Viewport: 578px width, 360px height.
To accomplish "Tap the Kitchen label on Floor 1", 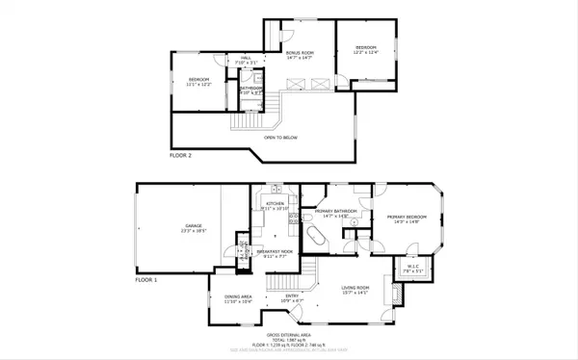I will point(273,207).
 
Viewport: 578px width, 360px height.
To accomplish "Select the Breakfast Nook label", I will point(275,253).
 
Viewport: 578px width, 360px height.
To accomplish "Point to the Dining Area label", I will point(238,299).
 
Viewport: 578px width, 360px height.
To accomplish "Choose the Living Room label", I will point(355,290).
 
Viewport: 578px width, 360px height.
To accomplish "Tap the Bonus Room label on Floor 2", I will point(301,55).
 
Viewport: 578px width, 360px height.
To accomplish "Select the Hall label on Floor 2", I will point(246,60).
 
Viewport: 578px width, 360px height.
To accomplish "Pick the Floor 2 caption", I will point(181,154).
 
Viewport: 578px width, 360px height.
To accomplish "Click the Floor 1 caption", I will point(145,279).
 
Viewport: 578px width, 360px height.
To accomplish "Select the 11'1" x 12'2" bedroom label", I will point(199,81).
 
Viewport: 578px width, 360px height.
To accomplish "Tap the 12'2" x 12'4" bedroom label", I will point(366,50).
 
